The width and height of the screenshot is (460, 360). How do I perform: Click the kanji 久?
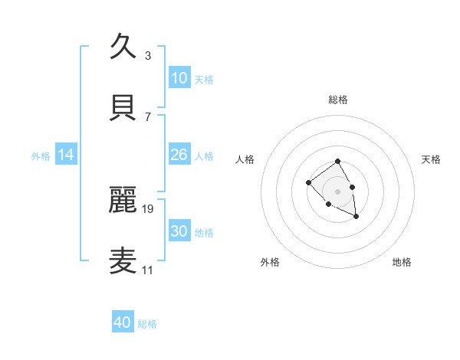pyautogui.click(x=123, y=46)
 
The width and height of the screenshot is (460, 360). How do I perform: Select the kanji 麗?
pyautogui.click(x=123, y=198)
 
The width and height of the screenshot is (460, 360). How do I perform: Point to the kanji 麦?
pyautogui.click(x=123, y=260)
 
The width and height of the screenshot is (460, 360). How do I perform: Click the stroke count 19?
pyautogui.click(x=148, y=208)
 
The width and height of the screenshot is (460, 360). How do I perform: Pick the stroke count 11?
pyautogui.click(x=147, y=270)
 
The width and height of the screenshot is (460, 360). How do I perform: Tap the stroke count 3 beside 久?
pyautogui.click(x=148, y=55)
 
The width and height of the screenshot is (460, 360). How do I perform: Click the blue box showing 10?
pyautogui.click(x=179, y=78)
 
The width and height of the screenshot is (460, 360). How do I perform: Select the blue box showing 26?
pyautogui.click(x=179, y=155)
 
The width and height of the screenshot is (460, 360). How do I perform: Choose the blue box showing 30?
pyautogui.click(x=179, y=231)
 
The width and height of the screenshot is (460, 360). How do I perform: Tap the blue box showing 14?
pyautogui.click(x=66, y=155)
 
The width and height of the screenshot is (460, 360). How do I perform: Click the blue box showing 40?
pyautogui.click(x=123, y=322)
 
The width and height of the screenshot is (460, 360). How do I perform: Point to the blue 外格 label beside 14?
pyautogui.click(x=41, y=156)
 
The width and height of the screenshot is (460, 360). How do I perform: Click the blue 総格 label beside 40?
pyautogui.click(x=147, y=324)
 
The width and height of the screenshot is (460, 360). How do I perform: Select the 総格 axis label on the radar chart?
pyautogui.click(x=338, y=100)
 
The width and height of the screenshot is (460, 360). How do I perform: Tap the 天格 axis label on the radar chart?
pyautogui.click(x=431, y=159)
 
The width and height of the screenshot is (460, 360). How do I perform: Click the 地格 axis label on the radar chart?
pyautogui.click(x=402, y=262)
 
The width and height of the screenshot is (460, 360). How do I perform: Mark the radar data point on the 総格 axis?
pyautogui.click(x=337, y=162)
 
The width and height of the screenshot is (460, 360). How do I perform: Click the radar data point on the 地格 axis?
pyautogui.click(x=356, y=217)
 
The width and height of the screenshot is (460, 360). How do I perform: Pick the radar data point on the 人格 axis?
pyautogui.click(x=308, y=182)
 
